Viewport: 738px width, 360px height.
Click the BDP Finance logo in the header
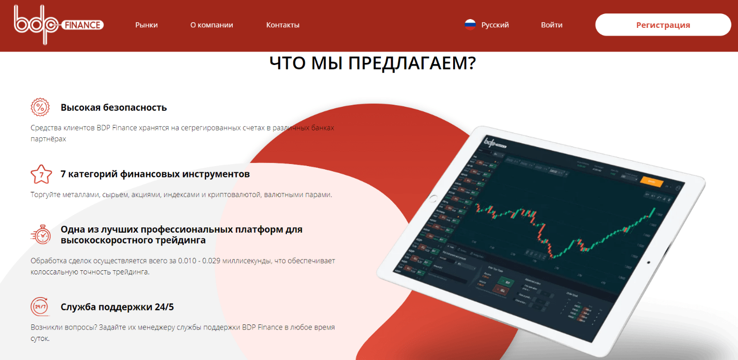click(x=58, y=25)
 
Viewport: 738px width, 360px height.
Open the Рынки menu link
click(x=147, y=25)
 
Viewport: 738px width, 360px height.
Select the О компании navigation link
click(x=212, y=25)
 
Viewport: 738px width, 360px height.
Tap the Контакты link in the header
click(x=283, y=25)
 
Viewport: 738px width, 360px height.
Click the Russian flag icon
click(x=470, y=25)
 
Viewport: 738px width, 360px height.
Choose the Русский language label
click(x=495, y=25)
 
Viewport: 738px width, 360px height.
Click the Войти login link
click(x=552, y=25)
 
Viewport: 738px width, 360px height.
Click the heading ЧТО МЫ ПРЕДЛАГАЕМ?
click(x=373, y=63)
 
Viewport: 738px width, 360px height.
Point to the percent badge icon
click(x=40, y=107)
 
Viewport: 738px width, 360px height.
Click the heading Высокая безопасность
click(x=114, y=108)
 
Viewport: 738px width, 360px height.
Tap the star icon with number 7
click(x=41, y=174)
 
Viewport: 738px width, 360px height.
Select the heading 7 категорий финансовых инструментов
click(x=155, y=174)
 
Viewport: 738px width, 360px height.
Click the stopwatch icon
click(x=41, y=234)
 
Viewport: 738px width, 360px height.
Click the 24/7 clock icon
click(x=40, y=307)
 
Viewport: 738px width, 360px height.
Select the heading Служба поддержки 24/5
click(x=117, y=307)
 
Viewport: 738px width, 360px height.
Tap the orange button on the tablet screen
click(x=651, y=181)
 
